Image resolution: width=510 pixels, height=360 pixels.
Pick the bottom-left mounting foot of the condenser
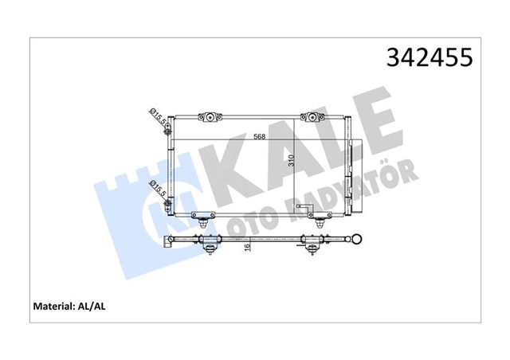[x=206, y=219]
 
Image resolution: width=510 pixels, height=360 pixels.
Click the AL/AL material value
[x=90, y=304]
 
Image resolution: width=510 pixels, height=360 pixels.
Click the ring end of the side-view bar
[x=359, y=240]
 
